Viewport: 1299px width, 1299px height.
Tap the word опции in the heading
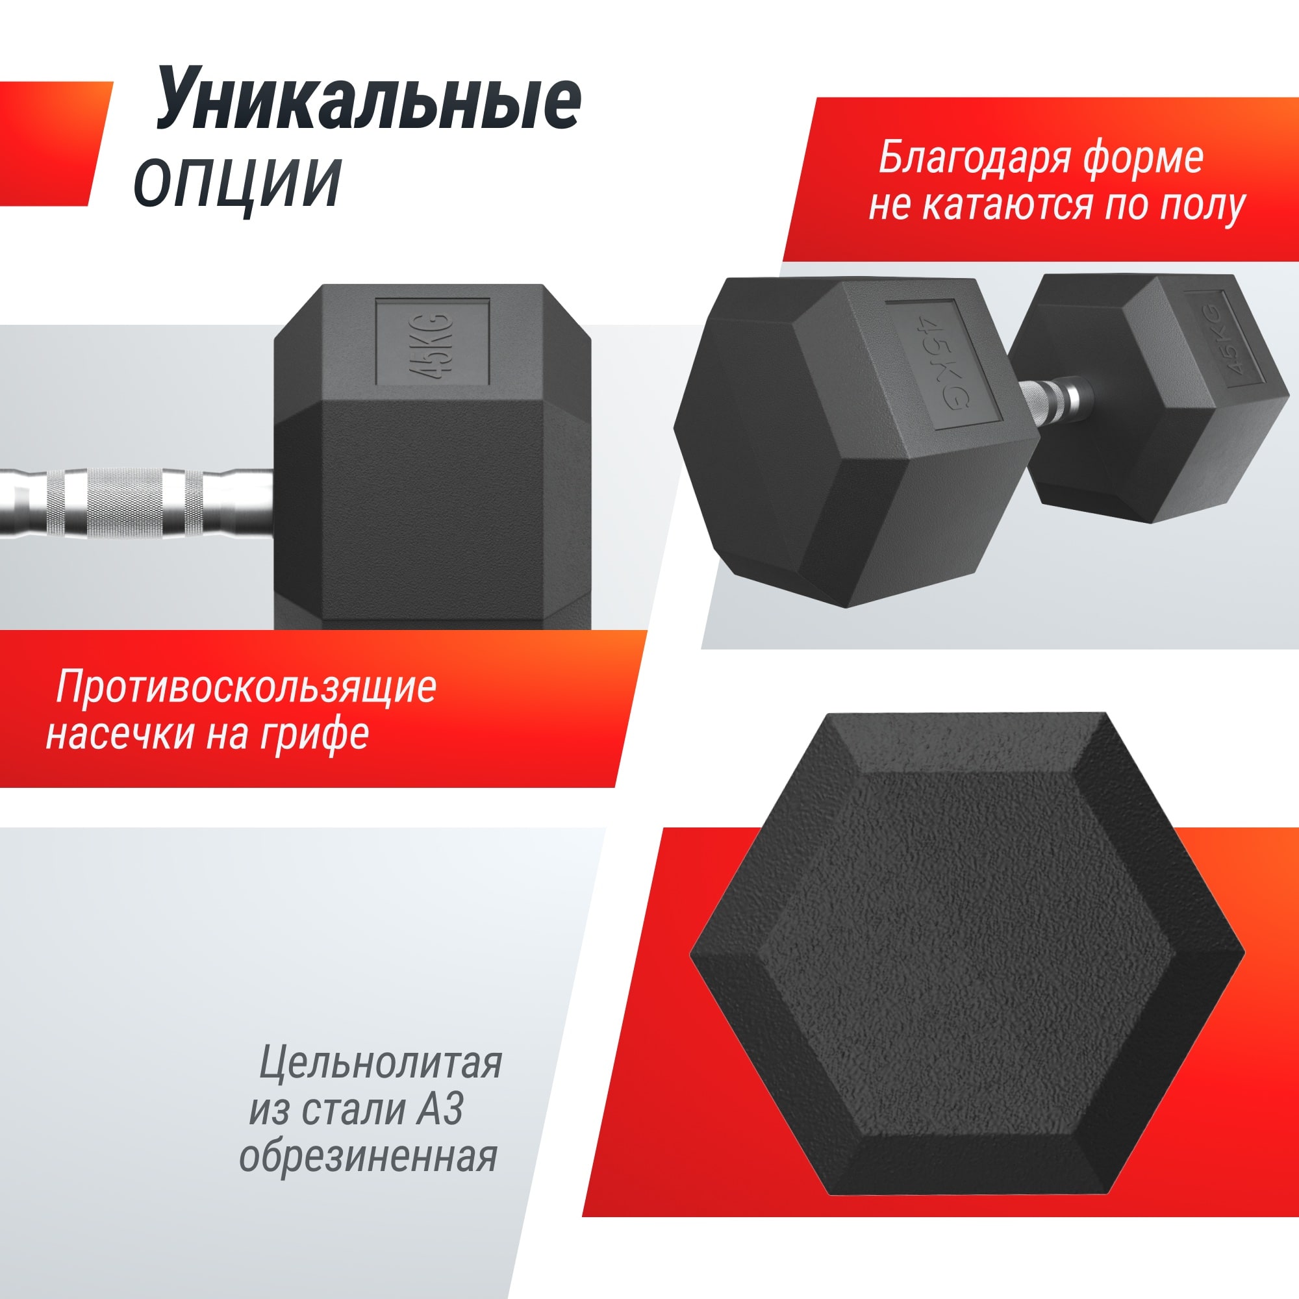point(237,183)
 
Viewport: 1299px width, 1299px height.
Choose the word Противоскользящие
point(246,687)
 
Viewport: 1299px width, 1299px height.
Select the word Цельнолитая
point(381,1063)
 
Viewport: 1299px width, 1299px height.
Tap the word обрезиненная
point(368,1157)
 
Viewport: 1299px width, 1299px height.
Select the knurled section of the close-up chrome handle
point(125,503)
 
